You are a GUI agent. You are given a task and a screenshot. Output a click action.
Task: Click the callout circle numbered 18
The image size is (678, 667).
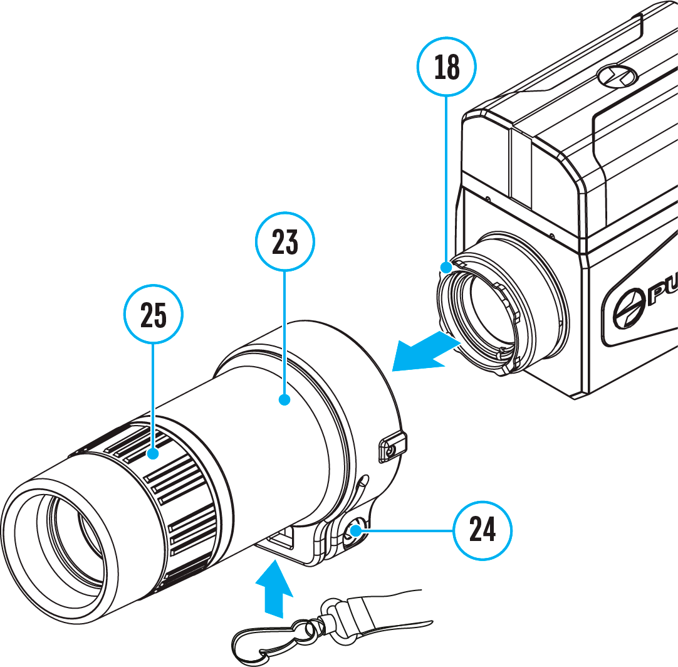click(x=447, y=67)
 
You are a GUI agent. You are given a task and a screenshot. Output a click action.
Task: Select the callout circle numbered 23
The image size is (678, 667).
click(x=285, y=242)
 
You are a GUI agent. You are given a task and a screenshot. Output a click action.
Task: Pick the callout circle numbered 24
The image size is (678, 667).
click(x=482, y=530)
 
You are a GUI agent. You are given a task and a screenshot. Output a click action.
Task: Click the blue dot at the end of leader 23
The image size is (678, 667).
click(x=285, y=399)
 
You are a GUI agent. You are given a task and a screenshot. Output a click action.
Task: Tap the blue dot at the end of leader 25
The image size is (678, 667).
click(x=154, y=453)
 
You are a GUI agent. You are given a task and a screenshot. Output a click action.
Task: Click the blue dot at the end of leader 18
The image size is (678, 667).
click(x=446, y=268)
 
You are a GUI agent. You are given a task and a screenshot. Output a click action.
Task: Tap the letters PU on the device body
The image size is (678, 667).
click(x=661, y=293)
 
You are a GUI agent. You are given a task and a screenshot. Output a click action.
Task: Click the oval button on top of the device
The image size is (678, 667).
click(x=617, y=76)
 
